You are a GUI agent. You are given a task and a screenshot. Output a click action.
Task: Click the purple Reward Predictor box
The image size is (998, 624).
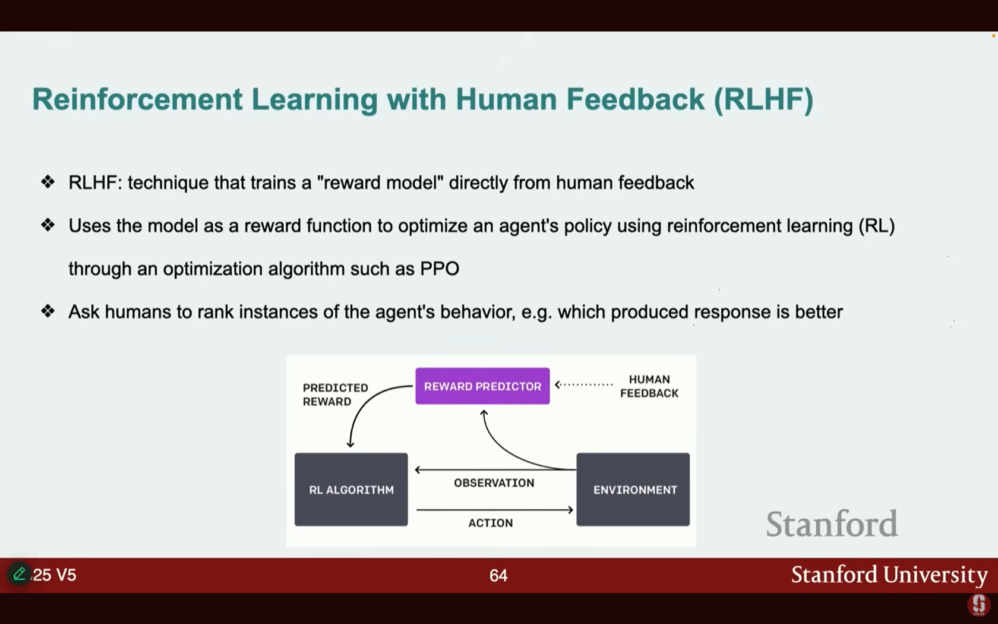click(x=482, y=386)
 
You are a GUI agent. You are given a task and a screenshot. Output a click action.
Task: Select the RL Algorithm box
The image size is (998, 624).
click(x=351, y=490)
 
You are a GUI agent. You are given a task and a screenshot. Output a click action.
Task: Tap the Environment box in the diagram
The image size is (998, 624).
click(x=633, y=490)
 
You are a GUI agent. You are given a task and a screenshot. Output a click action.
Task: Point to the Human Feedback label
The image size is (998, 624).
click(x=649, y=386)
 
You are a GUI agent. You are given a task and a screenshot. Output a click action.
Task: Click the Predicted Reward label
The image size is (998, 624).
click(x=335, y=395)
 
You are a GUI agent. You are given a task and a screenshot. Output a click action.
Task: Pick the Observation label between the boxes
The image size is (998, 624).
click(x=494, y=483)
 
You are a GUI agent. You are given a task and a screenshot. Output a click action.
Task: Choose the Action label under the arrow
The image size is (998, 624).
click(x=490, y=523)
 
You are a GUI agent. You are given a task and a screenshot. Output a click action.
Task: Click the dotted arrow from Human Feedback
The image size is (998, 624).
click(x=583, y=385)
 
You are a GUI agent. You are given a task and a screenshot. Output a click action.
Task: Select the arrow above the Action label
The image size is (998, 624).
click(x=494, y=510)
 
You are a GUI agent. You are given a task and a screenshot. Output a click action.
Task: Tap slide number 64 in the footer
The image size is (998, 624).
click(x=498, y=575)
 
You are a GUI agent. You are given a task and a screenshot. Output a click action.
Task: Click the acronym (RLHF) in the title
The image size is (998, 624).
click(x=763, y=99)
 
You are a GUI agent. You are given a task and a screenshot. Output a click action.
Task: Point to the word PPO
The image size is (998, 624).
click(x=440, y=269)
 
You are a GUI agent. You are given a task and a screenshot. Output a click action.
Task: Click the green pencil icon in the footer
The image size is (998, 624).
click(x=19, y=574)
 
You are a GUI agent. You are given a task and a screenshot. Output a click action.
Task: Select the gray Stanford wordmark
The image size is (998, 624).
click(x=832, y=524)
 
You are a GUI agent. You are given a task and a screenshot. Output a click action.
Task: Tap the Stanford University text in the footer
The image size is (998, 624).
click(x=889, y=575)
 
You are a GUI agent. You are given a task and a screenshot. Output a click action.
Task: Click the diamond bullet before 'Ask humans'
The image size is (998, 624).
click(x=48, y=311)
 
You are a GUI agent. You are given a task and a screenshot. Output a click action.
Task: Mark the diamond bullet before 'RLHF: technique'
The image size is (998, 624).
click(x=48, y=181)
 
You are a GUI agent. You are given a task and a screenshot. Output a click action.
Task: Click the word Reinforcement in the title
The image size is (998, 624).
click(x=137, y=99)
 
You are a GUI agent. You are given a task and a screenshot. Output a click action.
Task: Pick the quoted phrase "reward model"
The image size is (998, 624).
click(x=380, y=182)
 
